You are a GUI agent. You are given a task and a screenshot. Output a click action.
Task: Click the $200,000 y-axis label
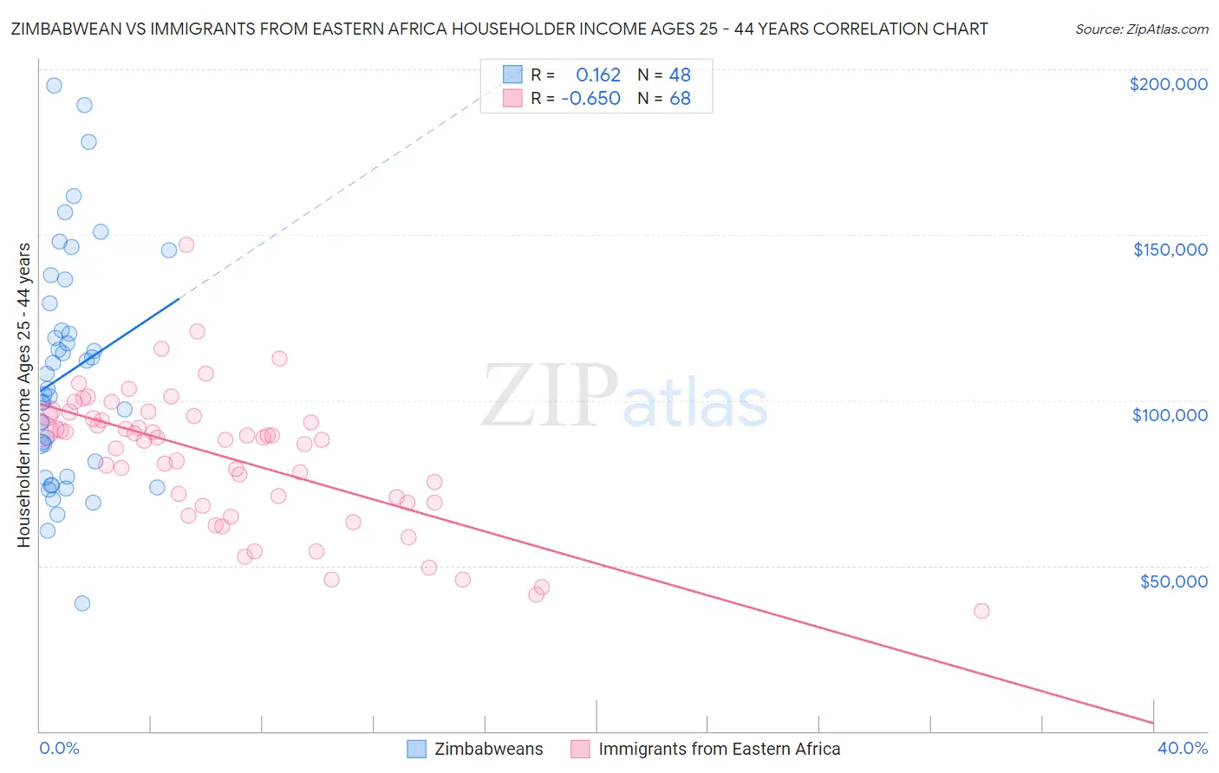coord(1168,84)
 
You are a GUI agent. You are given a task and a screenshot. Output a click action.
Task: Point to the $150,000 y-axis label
coord(1170,250)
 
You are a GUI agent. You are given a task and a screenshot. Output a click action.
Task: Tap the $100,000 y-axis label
coord(1170,415)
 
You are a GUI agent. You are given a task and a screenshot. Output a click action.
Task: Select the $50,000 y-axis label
coord(1173,581)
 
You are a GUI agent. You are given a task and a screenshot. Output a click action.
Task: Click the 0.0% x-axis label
coord(59,748)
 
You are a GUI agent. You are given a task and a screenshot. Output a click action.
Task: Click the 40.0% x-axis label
coord(1182,748)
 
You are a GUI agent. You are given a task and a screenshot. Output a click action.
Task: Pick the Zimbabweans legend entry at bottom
coord(476,749)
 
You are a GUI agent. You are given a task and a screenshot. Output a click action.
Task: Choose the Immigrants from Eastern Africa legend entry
coord(706,749)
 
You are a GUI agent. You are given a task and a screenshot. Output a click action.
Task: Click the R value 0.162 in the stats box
coord(598,75)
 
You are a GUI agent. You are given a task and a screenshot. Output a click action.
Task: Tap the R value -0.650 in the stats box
coord(591,99)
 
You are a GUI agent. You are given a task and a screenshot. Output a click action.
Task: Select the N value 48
coord(680,75)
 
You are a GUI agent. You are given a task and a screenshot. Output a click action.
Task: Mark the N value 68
coord(680,99)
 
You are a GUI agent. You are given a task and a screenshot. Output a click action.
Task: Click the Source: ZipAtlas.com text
coord(1141,29)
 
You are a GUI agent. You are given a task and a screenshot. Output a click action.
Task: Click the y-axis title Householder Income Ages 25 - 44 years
coord(23,394)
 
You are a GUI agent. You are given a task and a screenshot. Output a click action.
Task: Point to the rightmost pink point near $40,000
coord(981,611)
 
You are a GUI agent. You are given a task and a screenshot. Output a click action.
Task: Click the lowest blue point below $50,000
coord(82,603)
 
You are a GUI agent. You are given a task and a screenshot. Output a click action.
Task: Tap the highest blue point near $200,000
coord(54,86)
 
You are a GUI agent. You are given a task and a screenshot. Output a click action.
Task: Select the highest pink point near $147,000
coord(186,245)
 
